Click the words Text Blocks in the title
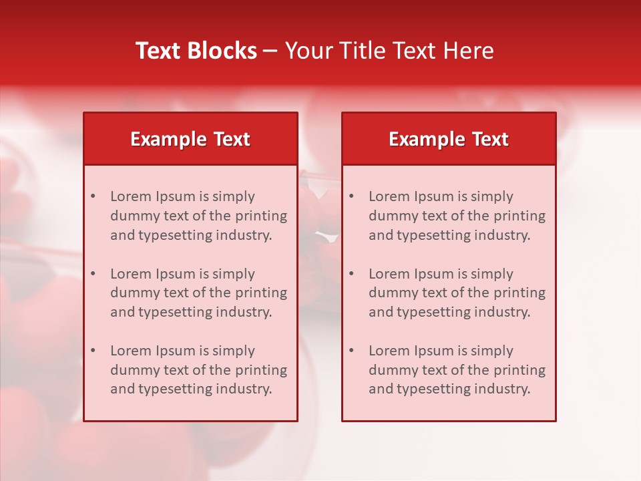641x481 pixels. tap(196, 51)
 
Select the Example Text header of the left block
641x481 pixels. tap(190, 139)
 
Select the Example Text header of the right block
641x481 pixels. tap(449, 139)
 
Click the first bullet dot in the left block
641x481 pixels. tap(93, 196)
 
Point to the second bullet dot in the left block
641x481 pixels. tap(93, 274)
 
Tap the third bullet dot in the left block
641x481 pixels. tap(93, 351)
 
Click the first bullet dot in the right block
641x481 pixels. tap(351, 196)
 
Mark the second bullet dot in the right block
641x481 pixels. tap(351, 274)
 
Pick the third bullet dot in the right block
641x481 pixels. tap(351, 351)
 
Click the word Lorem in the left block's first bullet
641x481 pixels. tap(131, 196)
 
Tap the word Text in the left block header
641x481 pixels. tap(232, 139)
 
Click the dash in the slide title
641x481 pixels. tap(270, 51)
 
